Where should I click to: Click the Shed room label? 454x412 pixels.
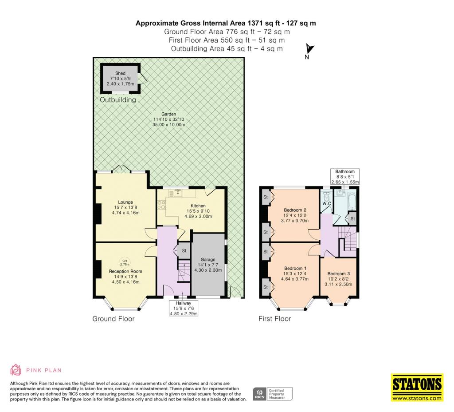[x=120, y=73]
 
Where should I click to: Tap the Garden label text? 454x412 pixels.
[x=168, y=114]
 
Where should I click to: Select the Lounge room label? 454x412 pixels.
[x=125, y=202]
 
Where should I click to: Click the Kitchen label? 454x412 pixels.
[x=198, y=206]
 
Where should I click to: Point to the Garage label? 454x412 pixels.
[x=208, y=259]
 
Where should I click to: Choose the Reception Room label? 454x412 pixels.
[x=125, y=271]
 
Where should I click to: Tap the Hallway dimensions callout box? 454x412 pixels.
[x=184, y=308]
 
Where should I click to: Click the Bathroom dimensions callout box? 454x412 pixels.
[x=345, y=177]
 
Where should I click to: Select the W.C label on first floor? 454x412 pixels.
[x=327, y=203]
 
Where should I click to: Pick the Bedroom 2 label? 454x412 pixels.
[x=295, y=210]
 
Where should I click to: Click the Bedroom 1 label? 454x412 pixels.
[x=295, y=269]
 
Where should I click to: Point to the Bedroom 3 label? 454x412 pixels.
[x=338, y=273]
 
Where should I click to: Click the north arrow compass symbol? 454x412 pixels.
[x=310, y=49]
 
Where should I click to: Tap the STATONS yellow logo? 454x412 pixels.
[x=417, y=388]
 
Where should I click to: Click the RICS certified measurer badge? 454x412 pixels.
[x=273, y=394]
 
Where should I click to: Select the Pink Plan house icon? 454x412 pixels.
[x=16, y=370]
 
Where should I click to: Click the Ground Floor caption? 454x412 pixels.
[x=113, y=319]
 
